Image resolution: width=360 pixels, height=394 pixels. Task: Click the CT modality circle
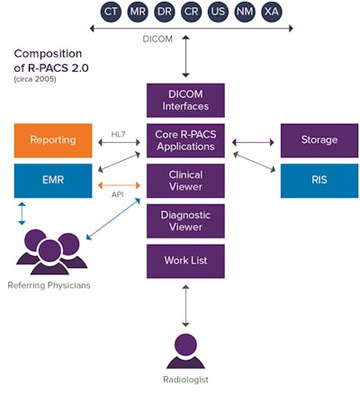point(112,12)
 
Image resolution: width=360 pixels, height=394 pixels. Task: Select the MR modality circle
point(138,12)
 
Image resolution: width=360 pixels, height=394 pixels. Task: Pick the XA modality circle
point(270,12)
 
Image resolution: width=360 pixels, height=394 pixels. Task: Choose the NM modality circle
point(244,12)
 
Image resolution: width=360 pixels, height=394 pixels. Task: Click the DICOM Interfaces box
point(184,100)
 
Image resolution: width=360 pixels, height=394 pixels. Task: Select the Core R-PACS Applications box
point(184,140)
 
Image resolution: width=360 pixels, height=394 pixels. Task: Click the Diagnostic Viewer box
point(184,220)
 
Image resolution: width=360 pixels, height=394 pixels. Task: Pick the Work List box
point(184,261)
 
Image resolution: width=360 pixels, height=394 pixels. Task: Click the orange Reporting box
point(52,140)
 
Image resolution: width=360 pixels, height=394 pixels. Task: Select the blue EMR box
point(52,180)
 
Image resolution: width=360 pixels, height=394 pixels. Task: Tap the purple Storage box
point(319,140)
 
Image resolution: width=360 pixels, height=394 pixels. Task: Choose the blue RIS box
point(319,180)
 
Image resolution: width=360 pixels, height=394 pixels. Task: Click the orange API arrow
point(119,186)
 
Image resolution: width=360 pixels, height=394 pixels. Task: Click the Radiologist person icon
point(184,349)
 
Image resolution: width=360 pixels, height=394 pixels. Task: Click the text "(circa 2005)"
point(34,79)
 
